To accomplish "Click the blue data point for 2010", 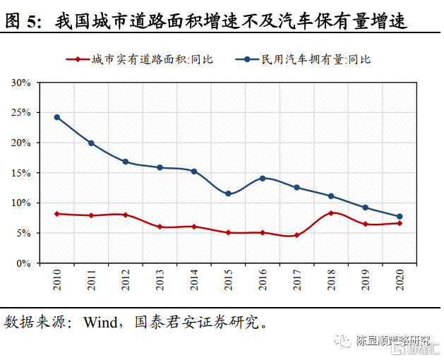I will point(56,117).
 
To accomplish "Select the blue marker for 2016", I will point(263,179).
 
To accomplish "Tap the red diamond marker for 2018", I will point(331,212).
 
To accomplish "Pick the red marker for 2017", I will point(296,235).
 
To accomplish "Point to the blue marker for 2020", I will point(400,217).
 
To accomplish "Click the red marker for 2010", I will point(56,213).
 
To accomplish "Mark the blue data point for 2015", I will point(228,193).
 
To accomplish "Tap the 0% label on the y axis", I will point(24,263).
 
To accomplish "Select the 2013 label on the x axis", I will point(160,282).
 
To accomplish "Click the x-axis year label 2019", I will point(366,282).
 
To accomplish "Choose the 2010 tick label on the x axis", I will point(56,282).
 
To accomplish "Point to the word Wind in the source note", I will point(101,323).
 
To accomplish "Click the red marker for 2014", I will point(194,227).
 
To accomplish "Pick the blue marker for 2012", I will point(126,162).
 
